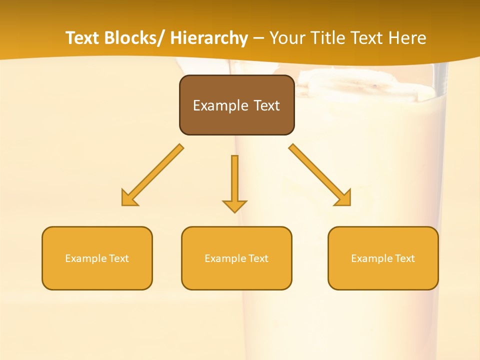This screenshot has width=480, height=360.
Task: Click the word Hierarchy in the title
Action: pos(209,38)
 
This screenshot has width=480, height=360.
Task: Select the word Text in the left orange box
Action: pos(119,258)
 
